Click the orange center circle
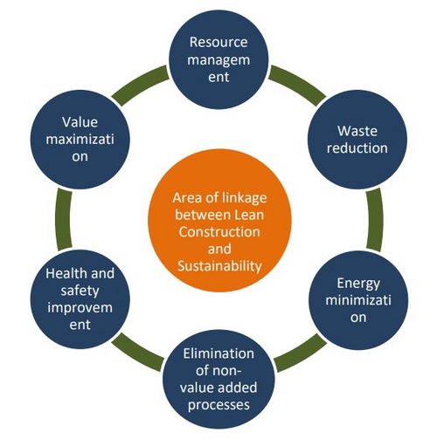219,220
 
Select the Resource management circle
218,59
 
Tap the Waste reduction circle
357,140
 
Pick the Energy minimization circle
358,300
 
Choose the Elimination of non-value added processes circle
218,379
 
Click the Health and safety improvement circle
80,299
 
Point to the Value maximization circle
80,140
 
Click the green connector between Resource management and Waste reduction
298,84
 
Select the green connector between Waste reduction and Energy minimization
375,220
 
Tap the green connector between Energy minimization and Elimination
301,353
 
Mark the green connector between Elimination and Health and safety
137,352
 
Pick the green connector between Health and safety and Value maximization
63,219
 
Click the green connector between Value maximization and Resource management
140,85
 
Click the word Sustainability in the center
219,266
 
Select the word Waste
357,131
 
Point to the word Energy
358,284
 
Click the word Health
63,273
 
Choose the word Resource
218,42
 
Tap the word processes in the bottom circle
218,405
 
